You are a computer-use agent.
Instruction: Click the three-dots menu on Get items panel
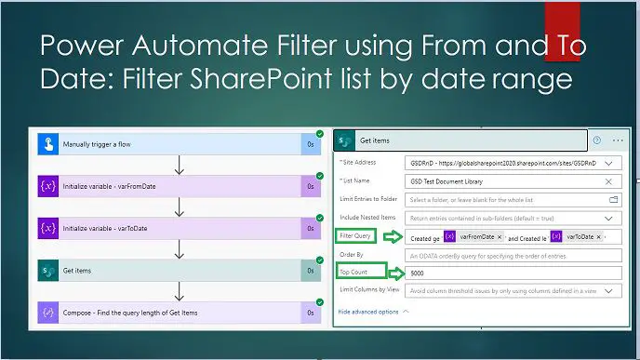618,140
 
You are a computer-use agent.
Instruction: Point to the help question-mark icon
596,140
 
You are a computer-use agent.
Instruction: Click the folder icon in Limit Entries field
613,199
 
